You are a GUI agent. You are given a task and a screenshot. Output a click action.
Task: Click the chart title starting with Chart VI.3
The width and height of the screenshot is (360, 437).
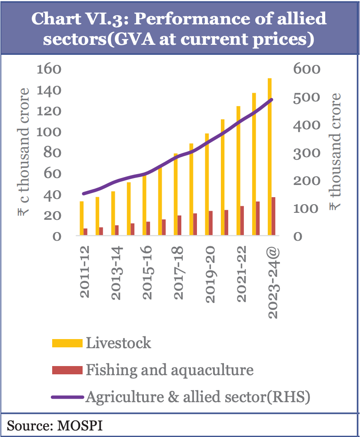coord(180,29)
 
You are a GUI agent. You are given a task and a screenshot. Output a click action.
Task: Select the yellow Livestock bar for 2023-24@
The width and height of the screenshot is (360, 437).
coord(270,157)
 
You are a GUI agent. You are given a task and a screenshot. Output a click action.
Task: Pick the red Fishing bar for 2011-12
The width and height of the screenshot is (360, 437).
coord(86,232)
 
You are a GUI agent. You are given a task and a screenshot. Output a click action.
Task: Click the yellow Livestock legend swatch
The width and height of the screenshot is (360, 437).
coord(67,343)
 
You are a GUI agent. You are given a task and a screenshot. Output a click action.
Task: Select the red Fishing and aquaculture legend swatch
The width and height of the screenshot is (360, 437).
coord(67,370)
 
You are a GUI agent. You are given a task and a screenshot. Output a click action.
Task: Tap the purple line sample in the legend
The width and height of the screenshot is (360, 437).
coord(67,397)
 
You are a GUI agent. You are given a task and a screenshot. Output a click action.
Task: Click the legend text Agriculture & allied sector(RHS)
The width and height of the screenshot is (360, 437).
coord(198,397)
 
